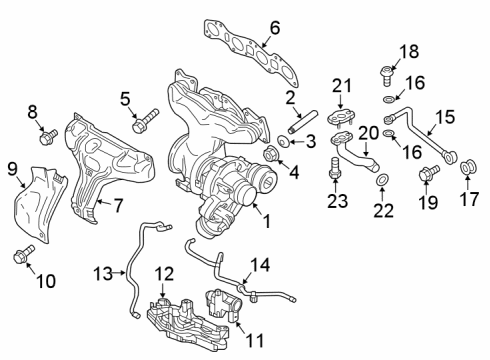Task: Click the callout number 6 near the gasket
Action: [x=274, y=29]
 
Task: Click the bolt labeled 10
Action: [x=22, y=256]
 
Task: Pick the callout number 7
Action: [x=117, y=206]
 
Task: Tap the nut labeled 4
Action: [x=272, y=153]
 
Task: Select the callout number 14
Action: [x=261, y=265]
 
